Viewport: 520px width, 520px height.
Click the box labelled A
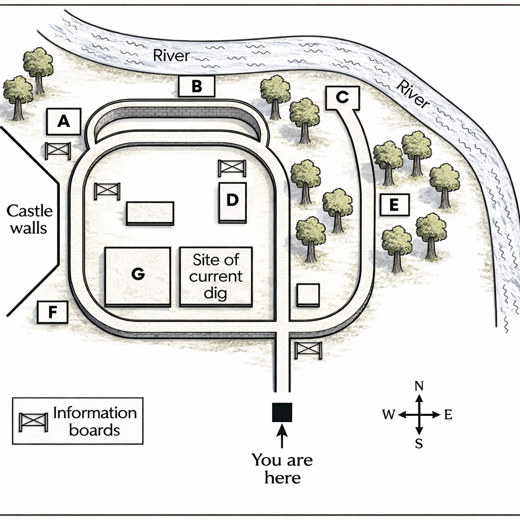(x=63, y=121)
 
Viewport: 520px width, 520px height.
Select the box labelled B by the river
(x=197, y=86)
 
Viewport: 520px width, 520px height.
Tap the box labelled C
(x=343, y=98)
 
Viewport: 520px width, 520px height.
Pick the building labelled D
(x=233, y=202)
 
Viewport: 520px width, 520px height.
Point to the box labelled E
(x=394, y=205)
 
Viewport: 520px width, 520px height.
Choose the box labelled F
(x=52, y=312)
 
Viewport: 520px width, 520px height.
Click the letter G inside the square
(x=138, y=274)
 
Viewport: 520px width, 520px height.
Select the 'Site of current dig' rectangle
(x=216, y=277)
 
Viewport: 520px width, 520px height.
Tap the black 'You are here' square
(x=282, y=412)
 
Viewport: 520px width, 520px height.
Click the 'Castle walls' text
(x=29, y=219)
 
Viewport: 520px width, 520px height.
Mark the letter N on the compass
(x=419, y=386)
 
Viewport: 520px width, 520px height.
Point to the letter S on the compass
(x=419, y=443)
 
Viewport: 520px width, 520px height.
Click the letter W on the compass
(x=388, y=414)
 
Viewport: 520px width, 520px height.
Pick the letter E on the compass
(x=448, y=414)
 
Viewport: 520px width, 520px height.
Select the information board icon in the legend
(x=33, y=422)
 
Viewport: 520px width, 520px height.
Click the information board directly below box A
(x=58, y=151)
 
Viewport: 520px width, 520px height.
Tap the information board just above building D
(x=232, y=168)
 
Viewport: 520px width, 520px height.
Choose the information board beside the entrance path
(x=308, y=350)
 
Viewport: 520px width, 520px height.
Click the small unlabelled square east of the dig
(x=308, y=295)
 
